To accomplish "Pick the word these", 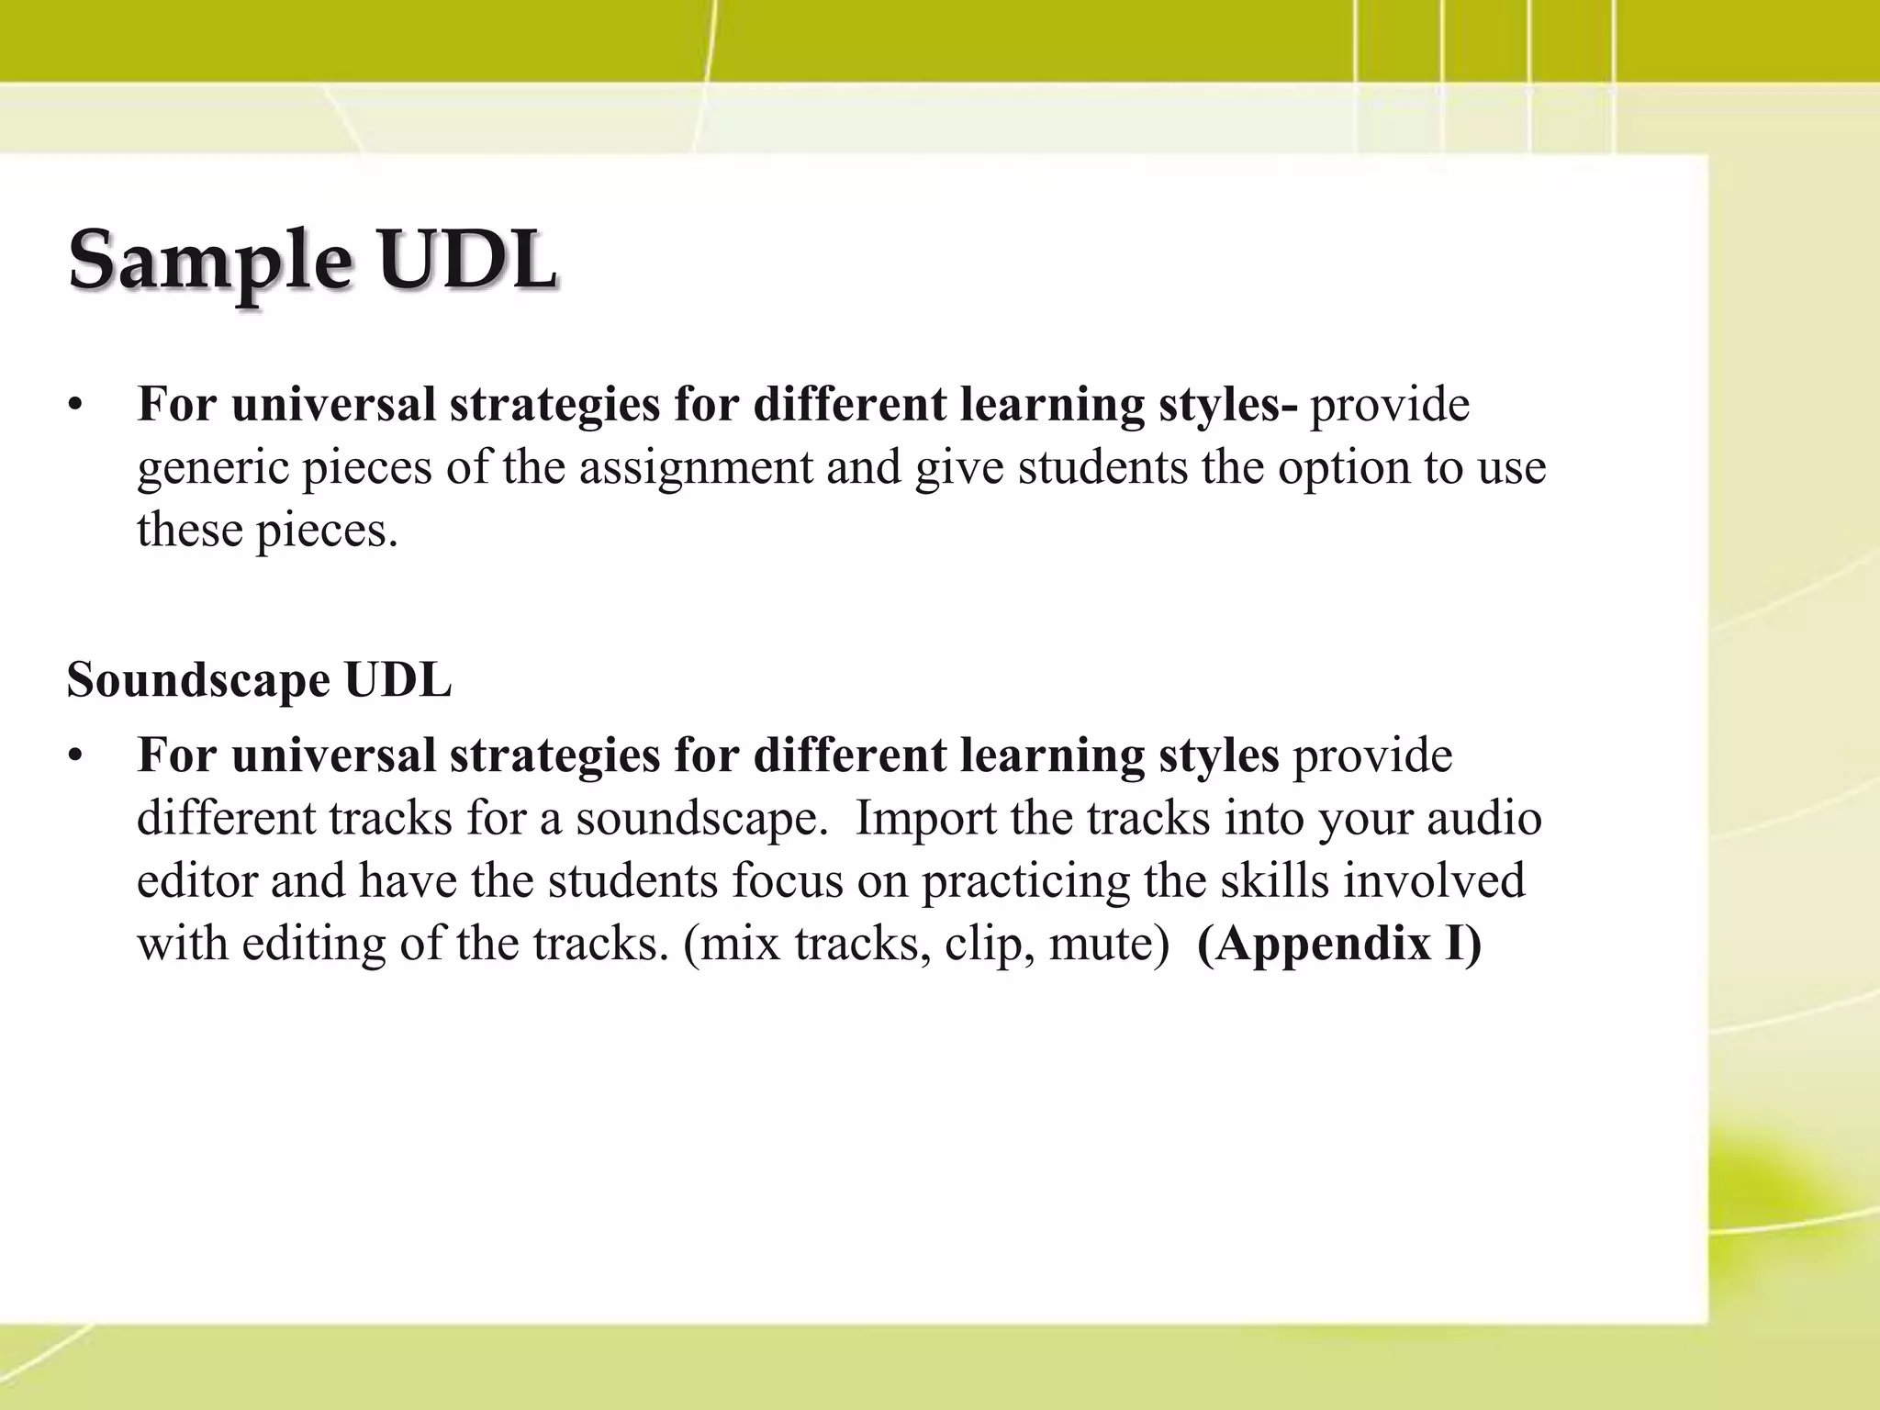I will (x=189, y=531).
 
